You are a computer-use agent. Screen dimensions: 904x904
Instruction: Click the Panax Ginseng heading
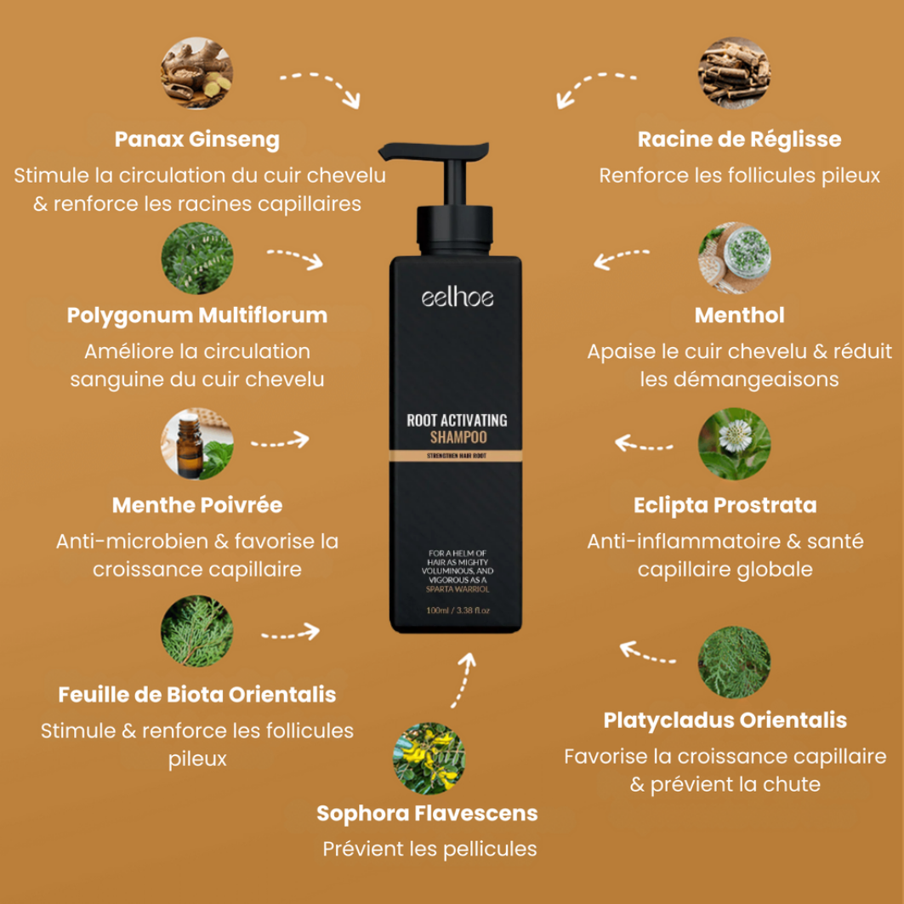pos(197,139)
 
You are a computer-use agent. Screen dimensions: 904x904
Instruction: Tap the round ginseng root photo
pos(197,73)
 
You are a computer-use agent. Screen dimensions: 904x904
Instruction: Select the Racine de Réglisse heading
pos(739,139)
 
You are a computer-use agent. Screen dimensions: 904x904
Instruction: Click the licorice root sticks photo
pos(734,73)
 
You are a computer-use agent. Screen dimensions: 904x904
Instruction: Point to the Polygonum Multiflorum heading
pos(197,316)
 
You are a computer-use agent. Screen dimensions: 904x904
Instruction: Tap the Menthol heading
pos(739,316)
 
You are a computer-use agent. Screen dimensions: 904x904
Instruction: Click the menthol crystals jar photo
pos(734,259)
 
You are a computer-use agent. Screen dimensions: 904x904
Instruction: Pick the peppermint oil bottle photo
pos(197,444)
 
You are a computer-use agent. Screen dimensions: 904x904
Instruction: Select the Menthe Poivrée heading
pos(197,505)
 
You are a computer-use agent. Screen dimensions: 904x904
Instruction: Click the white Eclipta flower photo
pos(734,444)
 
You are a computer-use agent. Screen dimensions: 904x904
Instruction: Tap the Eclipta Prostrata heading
pos(725,506)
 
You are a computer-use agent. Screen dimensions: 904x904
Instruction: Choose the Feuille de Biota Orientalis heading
pos(197,695)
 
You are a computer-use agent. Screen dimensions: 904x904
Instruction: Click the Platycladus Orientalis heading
pos(725,720)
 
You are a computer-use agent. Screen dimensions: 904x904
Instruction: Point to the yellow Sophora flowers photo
pos(429,758)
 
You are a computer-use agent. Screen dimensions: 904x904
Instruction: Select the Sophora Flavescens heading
pos(427,814)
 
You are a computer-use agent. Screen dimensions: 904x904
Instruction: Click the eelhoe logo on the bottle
pos(458,298)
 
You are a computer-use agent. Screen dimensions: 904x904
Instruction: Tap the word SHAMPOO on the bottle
pos(458,438)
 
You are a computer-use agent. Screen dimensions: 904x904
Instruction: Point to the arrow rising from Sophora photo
pos(464,679)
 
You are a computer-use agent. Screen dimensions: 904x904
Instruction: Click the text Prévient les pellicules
pos(429,850)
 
